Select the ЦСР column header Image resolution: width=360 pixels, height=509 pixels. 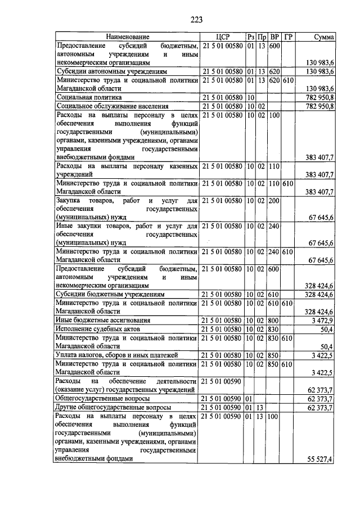tap(223, 37)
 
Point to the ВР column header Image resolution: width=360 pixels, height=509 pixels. tap(274, 37)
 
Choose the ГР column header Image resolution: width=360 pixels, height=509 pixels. tap(288, 37)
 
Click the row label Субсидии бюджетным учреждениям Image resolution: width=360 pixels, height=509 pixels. tap(110, 294)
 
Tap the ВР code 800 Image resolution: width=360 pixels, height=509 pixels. tap(274, 320)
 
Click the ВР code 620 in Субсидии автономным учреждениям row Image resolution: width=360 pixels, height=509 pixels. tap(274, 71)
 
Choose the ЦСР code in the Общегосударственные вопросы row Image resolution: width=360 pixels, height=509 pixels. tap(223, 398)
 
